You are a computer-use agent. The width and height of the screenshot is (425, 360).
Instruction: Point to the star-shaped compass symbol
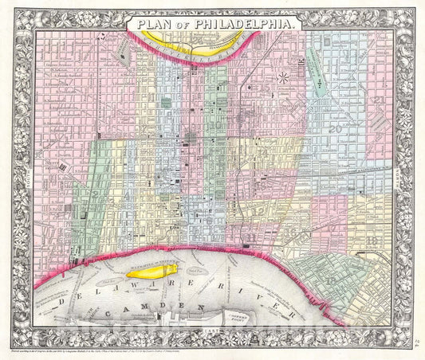pos(284,78)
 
